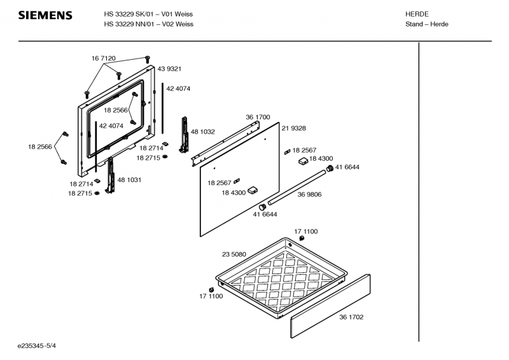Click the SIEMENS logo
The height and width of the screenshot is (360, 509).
click(45, 15)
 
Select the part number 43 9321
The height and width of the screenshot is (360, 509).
click(169, 69)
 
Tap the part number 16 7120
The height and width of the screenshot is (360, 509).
click(103, 59)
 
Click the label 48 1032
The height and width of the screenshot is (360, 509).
click(202, 132)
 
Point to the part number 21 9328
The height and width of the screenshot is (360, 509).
click(293, 128)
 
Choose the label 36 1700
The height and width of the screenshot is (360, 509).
click(258, 117)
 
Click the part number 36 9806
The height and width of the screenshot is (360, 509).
click(309, 195)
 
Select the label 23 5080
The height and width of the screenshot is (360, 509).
click(234, 254)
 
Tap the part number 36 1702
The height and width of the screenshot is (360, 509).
click(351, 317)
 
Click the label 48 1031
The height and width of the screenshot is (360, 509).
click(129, 180)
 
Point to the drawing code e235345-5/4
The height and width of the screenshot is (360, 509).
click(37, 346)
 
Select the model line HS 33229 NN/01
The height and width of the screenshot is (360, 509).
click(129, 24)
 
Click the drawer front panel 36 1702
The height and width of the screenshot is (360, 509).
click(330, 306)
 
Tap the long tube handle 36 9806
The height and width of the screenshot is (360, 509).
click(297, 187)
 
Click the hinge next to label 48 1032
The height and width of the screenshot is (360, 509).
click(184, 135)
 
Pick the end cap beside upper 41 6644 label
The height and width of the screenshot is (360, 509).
click(330, 168)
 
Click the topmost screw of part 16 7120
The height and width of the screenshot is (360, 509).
click(148, 59)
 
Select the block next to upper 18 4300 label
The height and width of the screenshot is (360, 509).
click(303, 161)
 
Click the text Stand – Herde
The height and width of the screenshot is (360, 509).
click(426, 24)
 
